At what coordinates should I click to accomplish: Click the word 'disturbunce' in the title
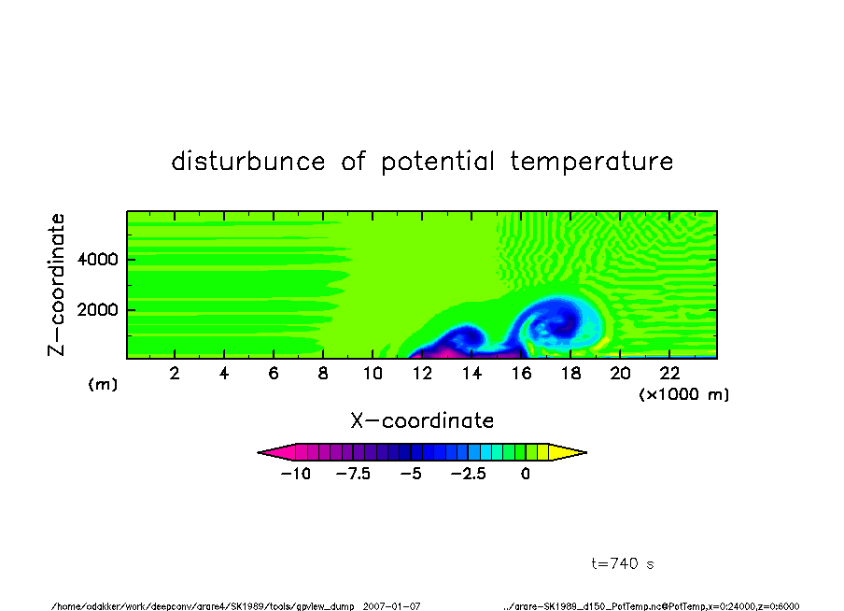point(248,161)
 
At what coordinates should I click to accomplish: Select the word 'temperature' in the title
point(592,162)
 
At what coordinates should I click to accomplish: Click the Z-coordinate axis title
point(57,285)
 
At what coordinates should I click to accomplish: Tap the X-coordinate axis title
point(422,420)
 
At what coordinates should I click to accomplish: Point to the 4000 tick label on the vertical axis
point(97,259)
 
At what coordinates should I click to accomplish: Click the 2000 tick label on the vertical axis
point(97,310)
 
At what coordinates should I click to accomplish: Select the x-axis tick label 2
point(175,373)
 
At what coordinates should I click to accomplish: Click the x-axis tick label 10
point(373,373)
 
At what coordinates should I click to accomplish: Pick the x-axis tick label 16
point(521,373)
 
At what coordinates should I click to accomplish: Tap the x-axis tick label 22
point(669,373)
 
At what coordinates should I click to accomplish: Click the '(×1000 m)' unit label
point(683,394)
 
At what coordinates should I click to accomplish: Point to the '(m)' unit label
point(103,384)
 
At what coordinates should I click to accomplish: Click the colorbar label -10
point(296,474)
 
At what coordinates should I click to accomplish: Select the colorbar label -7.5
point(353,474)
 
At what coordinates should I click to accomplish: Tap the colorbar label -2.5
point(469,474)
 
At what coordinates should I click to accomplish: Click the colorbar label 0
point(526,474)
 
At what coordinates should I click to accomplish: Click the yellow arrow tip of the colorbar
point(585,452)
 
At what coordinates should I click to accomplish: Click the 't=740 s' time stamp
point(623,563)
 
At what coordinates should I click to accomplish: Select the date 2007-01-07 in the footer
point(391,606)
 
